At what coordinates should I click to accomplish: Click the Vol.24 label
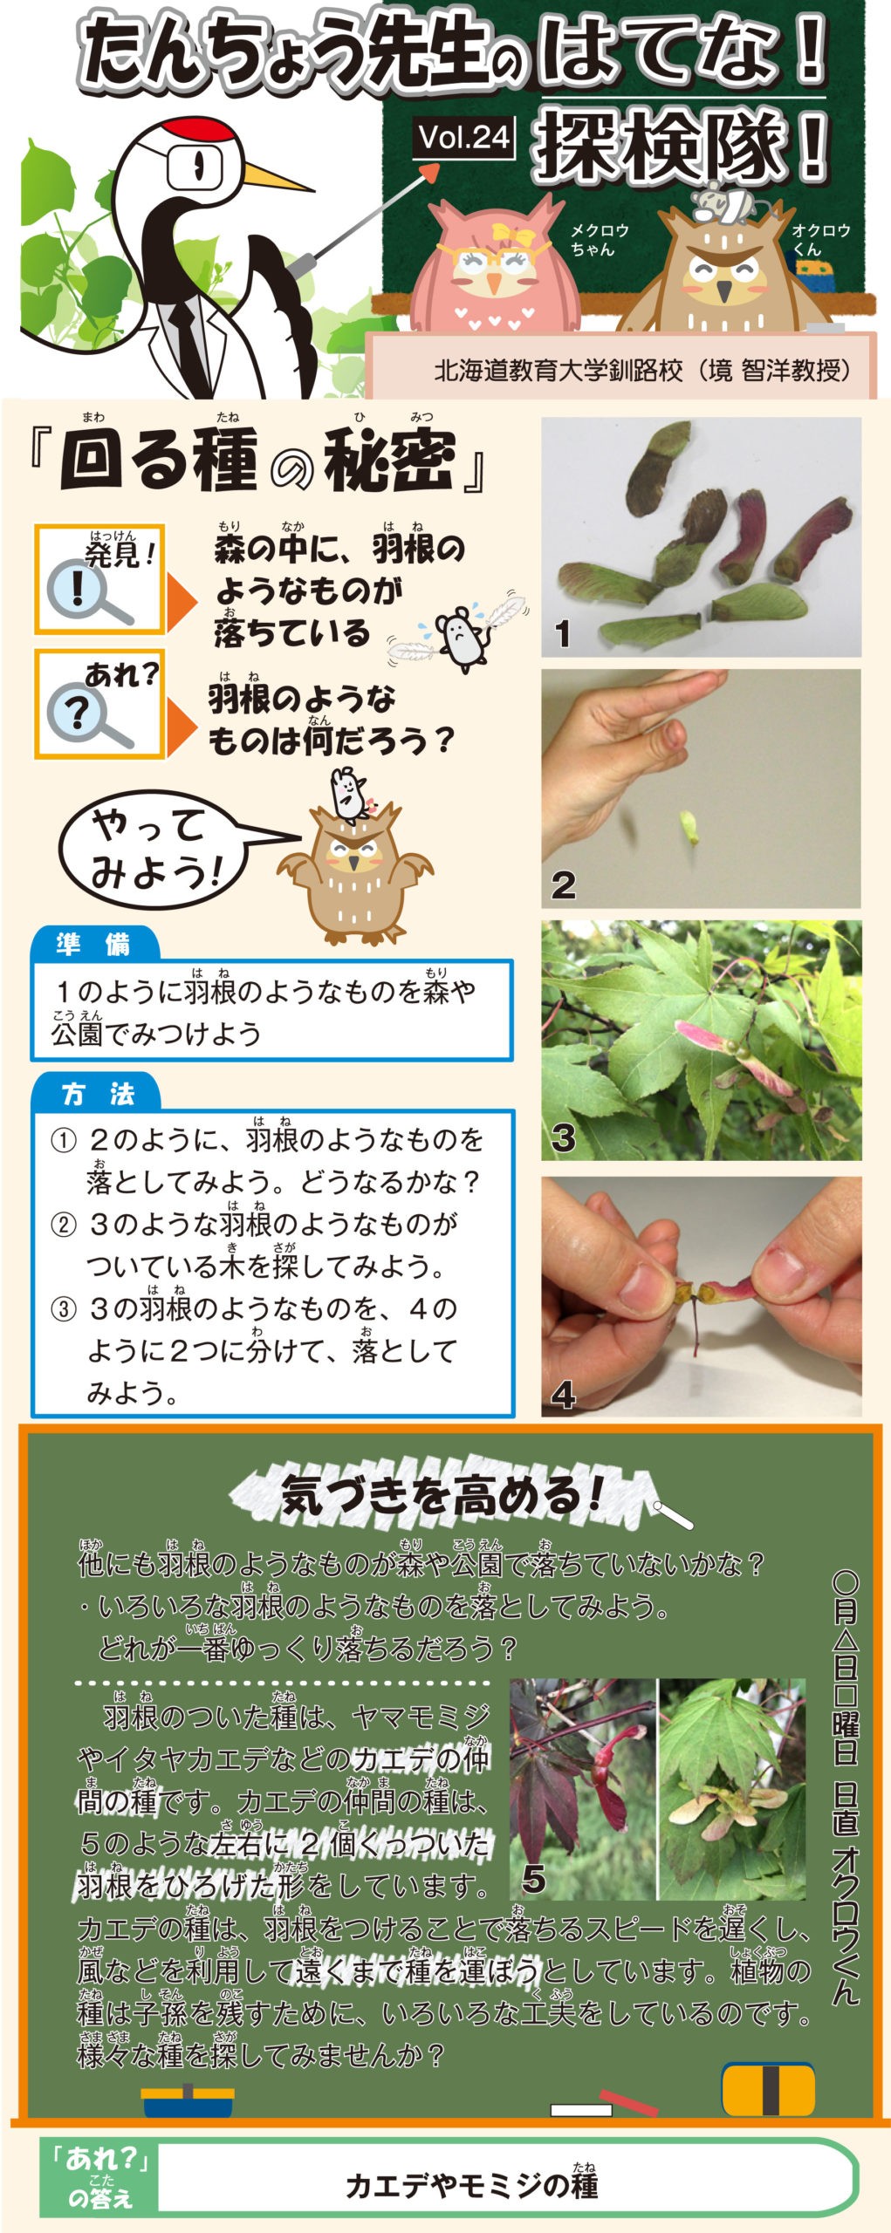[x=463, y=138]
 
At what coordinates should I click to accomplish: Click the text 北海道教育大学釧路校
[x=559, y=372]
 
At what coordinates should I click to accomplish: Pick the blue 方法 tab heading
[x=97, y=1093]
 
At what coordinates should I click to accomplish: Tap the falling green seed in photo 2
[x=689, y=827]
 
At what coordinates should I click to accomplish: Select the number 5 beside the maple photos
[x=533, y=1880]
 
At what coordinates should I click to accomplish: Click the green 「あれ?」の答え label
[x=100, y=2177]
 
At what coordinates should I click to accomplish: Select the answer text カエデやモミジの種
[x=472, y=2185]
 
